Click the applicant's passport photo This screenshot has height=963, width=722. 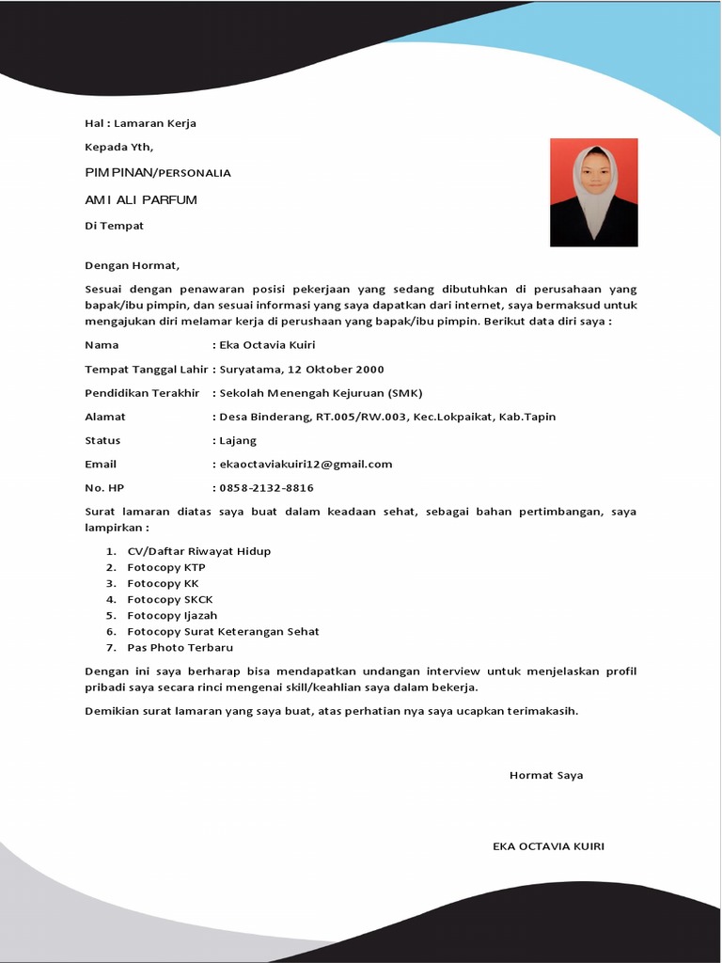pos(593,193)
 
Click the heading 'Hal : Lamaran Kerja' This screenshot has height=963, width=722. pos(140,123)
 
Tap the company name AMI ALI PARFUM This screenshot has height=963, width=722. pos(141,200)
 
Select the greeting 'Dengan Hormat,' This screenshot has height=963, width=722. pos(132,265)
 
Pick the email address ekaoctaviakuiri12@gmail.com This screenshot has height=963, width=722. pos(306,464)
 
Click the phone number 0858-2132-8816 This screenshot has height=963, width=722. pos(266,488)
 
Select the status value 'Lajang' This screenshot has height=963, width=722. pos(238,440)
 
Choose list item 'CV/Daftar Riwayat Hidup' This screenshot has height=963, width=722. pos(199,551)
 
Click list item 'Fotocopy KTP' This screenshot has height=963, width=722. pos(166,567)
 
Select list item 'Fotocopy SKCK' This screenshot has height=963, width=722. pos(170,599)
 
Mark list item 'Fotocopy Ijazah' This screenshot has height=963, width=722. pos(172,615)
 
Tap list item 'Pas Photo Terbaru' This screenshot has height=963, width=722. pos(180,647)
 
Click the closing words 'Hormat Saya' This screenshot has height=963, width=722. pos(546,775)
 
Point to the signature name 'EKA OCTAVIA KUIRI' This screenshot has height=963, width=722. pos(548,846)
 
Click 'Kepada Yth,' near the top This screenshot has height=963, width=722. pos(118,147)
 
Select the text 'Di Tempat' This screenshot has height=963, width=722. pos(114,226)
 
